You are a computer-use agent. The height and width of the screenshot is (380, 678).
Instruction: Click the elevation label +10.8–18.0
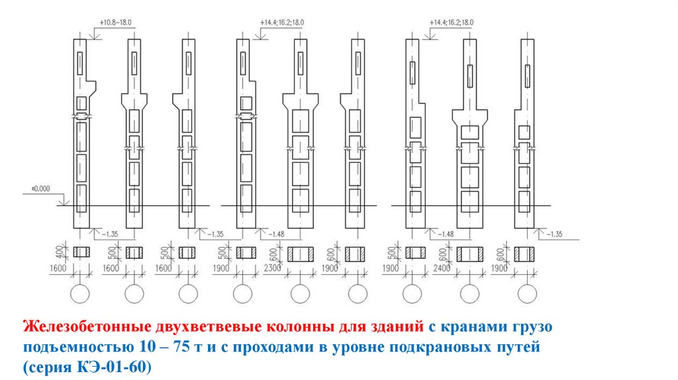point(116,22)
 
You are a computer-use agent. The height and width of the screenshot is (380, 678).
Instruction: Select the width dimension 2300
point(277,267)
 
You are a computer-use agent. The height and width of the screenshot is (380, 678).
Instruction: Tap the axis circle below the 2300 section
point(301,294)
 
